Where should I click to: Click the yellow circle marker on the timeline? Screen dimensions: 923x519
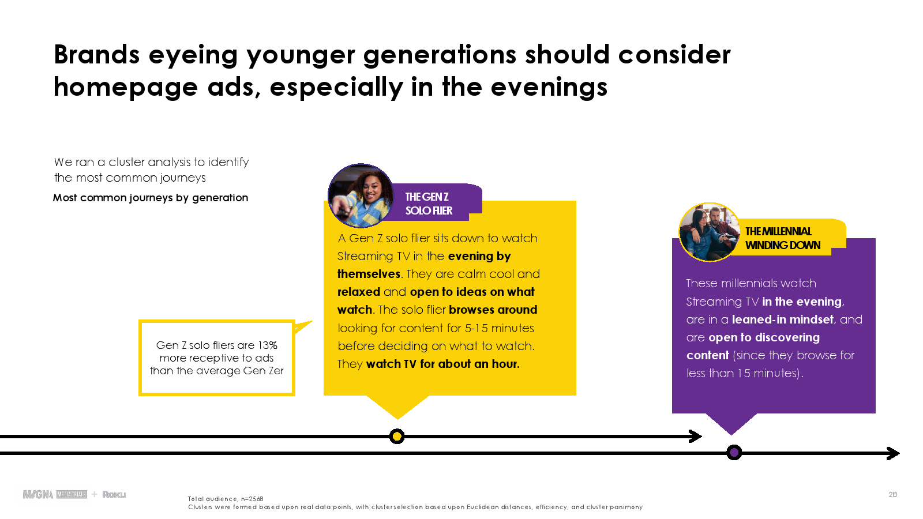397,436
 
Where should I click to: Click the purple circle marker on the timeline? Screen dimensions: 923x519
734,453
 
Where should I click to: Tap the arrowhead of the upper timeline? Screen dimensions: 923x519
696,436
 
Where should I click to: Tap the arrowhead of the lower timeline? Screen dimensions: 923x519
893,453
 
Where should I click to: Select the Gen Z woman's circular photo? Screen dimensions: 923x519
361,195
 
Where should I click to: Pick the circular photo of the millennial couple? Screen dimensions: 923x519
709,232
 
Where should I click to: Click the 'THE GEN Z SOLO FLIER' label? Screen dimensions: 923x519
429,204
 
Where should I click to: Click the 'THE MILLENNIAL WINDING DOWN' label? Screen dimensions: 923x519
782,238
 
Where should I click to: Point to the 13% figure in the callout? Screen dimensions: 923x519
268,345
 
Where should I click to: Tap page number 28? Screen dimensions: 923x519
892,494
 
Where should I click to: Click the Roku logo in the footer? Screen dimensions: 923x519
114,494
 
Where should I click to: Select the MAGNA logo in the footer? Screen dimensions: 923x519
38,494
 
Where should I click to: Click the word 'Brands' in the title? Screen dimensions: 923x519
97,54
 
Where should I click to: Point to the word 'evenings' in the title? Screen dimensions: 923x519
549,87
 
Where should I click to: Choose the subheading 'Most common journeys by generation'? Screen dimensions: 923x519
151,198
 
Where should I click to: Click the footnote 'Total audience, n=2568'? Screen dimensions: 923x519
226,499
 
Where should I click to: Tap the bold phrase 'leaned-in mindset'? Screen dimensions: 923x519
782,319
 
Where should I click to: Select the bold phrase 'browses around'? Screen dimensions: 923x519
493,309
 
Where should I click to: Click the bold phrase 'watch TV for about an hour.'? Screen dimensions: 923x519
442,364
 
